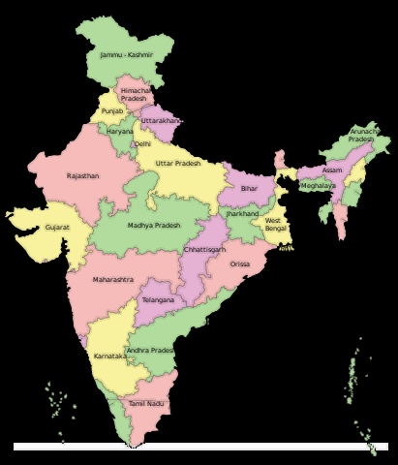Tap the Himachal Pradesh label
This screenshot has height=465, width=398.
(134, 94)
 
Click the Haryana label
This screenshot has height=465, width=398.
(120, 131)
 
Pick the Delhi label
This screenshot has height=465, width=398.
(142, 143)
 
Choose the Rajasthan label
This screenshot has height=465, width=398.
(82, 176)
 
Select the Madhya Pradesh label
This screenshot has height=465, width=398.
(154, 225)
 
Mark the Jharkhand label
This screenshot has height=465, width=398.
(243, 213)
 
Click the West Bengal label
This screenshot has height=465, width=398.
(274, 225)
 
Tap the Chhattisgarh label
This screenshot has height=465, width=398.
(205, 249)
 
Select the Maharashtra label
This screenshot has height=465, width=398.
(113, 279)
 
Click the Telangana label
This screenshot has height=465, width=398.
(158, 300)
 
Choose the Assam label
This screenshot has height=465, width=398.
(332, 170)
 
